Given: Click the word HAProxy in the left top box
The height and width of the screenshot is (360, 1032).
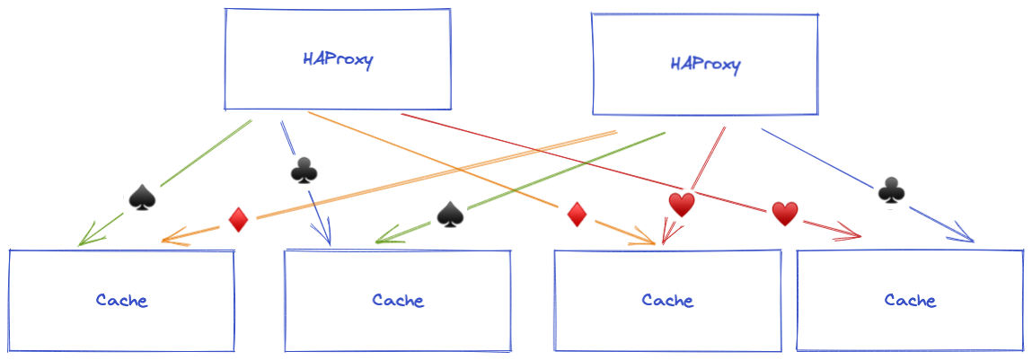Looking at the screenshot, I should click(338, 61).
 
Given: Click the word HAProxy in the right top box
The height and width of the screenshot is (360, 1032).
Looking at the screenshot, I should click(706, 65).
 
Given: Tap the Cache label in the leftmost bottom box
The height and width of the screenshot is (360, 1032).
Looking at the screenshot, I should click(122, 300).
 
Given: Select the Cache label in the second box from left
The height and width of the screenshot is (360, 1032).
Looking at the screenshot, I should click(398, 300).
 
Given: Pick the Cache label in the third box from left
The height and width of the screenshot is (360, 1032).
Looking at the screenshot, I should click(667, 300).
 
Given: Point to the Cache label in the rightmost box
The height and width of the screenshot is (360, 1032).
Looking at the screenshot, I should click(910, 300).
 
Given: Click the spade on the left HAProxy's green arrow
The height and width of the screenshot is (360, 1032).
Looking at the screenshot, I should click(142, 197).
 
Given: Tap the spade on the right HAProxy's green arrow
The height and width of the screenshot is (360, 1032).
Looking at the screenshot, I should click(449, 213).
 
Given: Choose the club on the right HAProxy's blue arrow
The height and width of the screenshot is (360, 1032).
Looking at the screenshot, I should click(890, 190).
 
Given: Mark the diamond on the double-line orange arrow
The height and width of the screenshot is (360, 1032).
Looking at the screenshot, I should click(238, 220).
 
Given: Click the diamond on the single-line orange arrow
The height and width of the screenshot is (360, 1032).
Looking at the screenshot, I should click(577, 215).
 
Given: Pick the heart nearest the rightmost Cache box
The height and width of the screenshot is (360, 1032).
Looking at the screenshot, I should click(785, 214).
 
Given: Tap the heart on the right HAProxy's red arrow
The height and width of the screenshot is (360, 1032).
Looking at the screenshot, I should click(682, 206).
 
